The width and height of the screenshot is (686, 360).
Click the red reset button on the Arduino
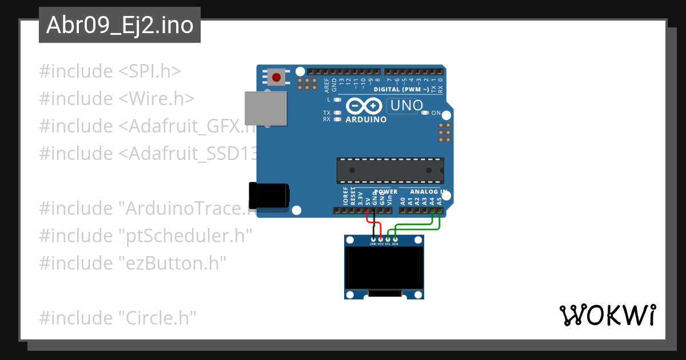click(277, 77)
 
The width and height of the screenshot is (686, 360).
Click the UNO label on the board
click(405, 106)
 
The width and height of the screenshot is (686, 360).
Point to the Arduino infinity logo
click(362, 106)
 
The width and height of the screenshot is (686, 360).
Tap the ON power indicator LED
click(425, 113)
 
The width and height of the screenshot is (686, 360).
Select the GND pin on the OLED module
click(373, 239)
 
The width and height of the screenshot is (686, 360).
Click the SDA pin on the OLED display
click(395, 239)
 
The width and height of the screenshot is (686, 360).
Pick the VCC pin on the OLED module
click(381, 239)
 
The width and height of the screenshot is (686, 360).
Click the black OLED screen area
click(384, 269)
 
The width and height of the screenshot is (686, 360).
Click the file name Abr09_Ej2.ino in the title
click(119, 25)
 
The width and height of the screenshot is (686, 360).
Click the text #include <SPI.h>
click(110, 71)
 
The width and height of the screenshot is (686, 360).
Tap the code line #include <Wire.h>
click(117, 99)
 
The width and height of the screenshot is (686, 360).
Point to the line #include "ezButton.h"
click(133, 263)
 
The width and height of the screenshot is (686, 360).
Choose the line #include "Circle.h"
click(118, 318)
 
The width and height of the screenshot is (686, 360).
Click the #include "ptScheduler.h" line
click(145, 236)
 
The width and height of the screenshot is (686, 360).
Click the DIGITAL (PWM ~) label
click(401, 90)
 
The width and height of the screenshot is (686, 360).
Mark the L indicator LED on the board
click(337, 99)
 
